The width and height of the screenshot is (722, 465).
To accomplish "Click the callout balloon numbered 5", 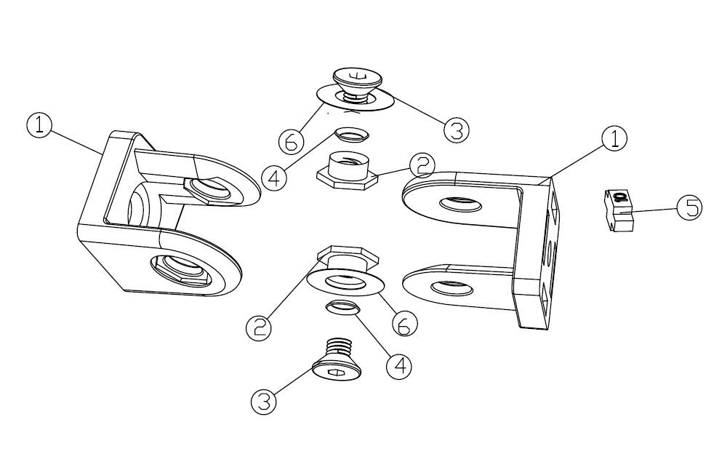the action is point(689,207).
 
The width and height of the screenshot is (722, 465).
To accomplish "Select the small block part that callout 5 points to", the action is point(619,210).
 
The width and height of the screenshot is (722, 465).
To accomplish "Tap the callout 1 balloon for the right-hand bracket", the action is point(614,138).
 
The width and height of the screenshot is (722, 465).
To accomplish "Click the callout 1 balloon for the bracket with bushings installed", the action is point(39,125).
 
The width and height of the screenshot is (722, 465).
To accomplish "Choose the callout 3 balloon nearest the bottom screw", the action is point(264,402).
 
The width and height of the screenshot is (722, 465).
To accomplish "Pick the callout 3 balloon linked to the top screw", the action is point(457,130).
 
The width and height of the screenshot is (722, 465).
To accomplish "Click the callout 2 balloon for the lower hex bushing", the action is point(259,327).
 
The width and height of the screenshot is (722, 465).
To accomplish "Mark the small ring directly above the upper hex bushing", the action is point(352,134).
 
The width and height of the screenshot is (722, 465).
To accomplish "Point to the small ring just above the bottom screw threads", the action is point(343,307).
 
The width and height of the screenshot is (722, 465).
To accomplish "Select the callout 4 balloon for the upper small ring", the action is point(274,178).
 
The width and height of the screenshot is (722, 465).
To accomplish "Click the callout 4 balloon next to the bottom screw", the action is point(398,366).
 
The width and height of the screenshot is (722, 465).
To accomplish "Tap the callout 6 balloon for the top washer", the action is point(292,142).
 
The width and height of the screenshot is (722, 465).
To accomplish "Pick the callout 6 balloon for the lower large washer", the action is point(405,324).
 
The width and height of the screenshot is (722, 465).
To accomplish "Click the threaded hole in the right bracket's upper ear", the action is point(460,204).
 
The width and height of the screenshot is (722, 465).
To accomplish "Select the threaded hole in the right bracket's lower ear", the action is point(452,288).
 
